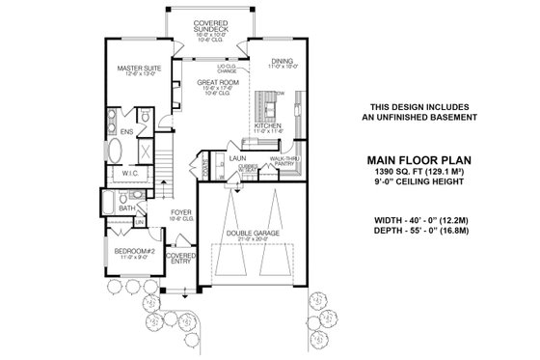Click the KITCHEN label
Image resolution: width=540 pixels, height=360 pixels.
pyautogui.click(x=267, y=125)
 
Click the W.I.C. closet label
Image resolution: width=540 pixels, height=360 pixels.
pyautogui.click(x=131, y=175)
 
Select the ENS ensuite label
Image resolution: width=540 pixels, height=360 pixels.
pyautogui.click(x=126, y=129)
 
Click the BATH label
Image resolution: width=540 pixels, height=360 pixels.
pyautogui.click(x=125, y=208)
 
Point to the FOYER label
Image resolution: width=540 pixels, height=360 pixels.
pyautogui.click(x=179, y=214)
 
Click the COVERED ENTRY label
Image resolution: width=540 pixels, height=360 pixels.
pyautogui.click(x=180, y=259)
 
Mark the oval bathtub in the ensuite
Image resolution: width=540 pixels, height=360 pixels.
pyautogui.click(x=114, y=152)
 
